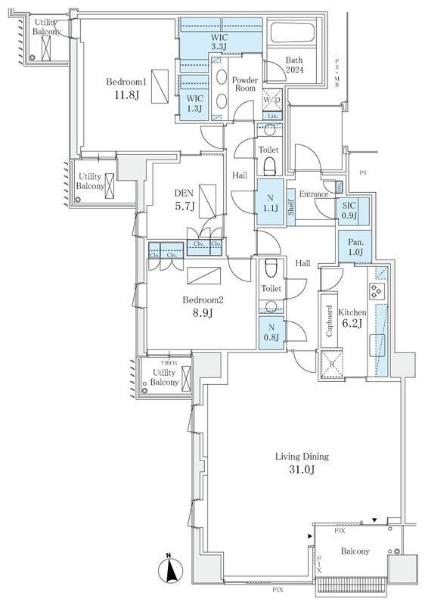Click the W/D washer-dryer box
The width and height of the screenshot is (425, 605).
[272, 100]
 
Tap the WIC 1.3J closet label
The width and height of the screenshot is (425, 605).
[194, 103]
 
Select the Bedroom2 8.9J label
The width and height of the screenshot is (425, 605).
[203, 304]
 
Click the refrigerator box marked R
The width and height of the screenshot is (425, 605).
[331, 362]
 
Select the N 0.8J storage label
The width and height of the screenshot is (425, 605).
[270, 333]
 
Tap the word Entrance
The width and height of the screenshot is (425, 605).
[314, 194]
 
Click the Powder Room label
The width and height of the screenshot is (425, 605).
[245, 85]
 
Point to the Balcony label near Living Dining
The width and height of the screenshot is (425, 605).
[354, 551]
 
